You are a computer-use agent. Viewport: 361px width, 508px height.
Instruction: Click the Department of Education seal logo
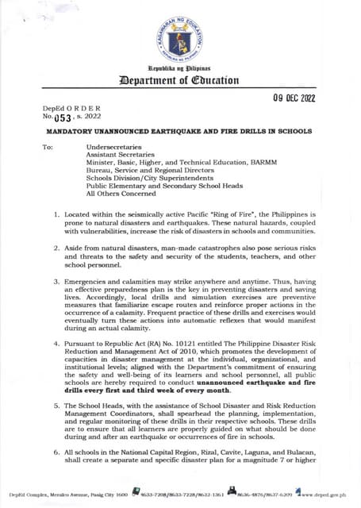pyautogui.click(x=180, y=42)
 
